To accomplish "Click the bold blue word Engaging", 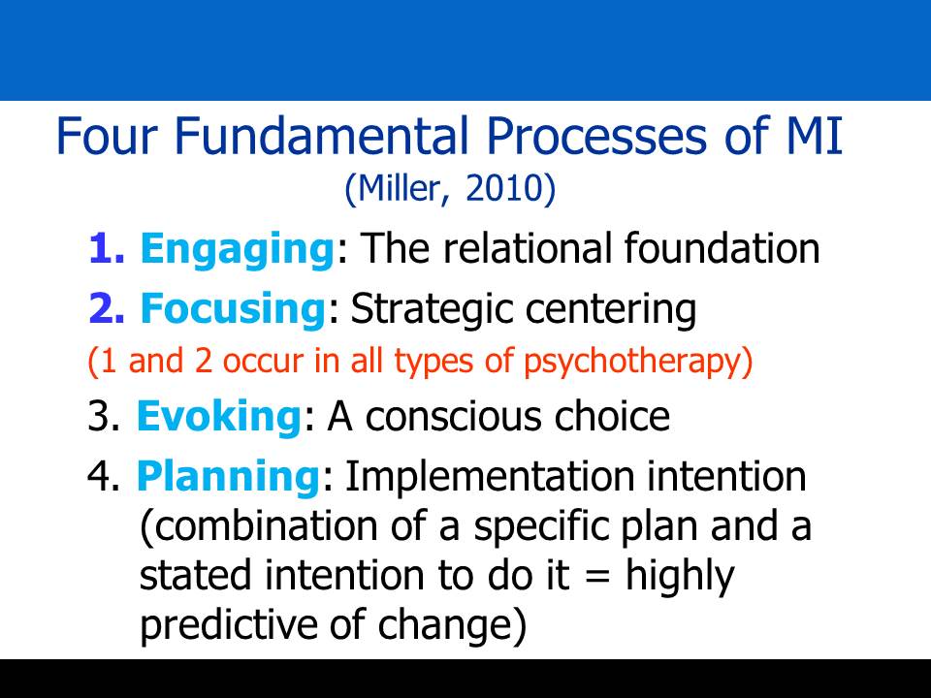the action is click(x=238, y=250).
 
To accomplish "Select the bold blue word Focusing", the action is click(x=233, y=308).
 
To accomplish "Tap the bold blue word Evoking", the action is click(x=219, y=416).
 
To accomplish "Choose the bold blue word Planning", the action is click(x=229, y=478).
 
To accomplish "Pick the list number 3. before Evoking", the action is click(x=104, y=416).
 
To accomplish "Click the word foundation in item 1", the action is click(x=722, y=247).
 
